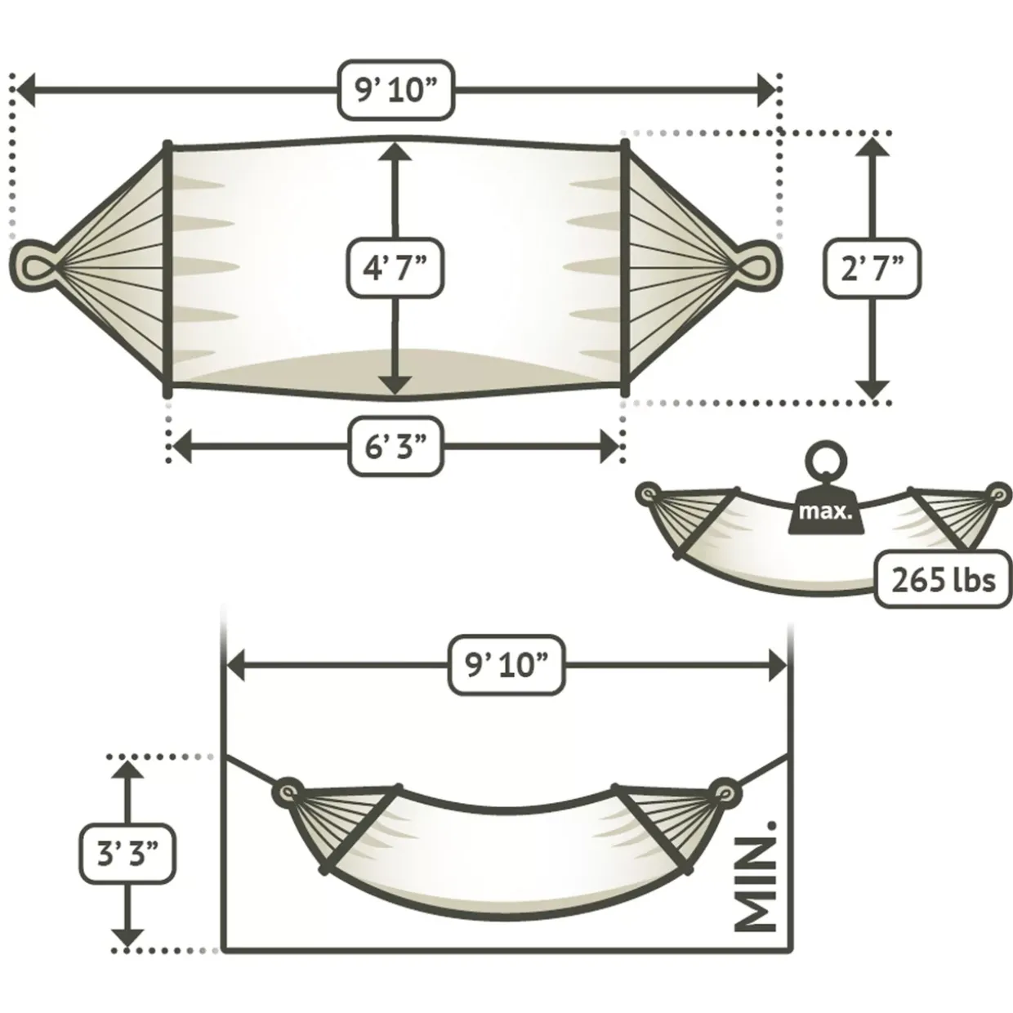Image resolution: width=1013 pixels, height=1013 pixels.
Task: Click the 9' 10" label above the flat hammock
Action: coord(395,90)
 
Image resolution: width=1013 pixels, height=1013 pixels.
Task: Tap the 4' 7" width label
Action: coord(395,268)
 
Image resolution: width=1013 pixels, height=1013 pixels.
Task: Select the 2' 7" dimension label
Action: coord(872,268)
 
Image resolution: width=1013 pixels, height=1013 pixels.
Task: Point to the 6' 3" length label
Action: coord(395,447)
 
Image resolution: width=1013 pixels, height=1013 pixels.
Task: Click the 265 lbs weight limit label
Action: coord(944,579)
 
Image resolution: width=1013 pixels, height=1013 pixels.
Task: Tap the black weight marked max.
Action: coord(825,510)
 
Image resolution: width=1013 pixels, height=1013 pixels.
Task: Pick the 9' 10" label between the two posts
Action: coord(506,665)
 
